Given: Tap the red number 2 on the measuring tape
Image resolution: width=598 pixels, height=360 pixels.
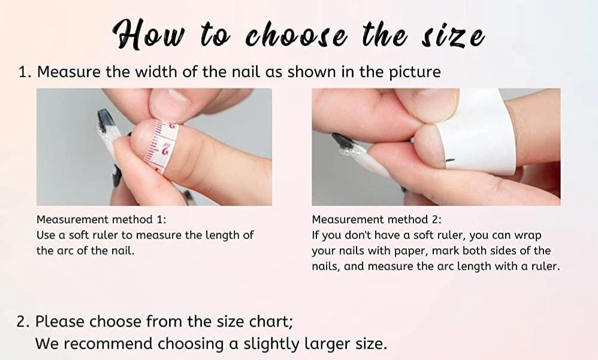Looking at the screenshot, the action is pyautogui.click(x=166, y=148).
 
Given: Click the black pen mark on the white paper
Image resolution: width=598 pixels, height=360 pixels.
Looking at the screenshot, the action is pyautogui.click(x=450, y=160).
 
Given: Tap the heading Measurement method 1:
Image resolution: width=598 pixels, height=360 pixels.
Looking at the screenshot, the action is pyautogui.click(x=101, y=220).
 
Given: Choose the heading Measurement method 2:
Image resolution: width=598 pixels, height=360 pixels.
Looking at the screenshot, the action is pyautogui.click(x=376, y=220).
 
